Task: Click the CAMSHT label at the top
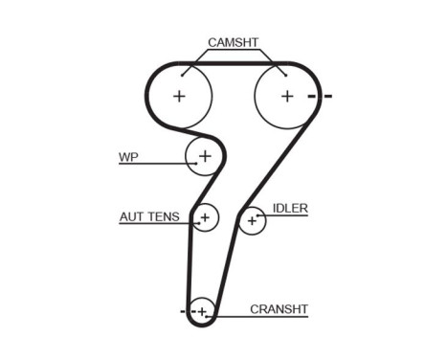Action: click(233, 42)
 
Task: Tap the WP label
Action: click(128, 156)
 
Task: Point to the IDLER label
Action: click(290, 208)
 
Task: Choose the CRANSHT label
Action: click(279, 308)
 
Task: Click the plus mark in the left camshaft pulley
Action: click(179, 96)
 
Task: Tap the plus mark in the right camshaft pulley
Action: click(286, 96)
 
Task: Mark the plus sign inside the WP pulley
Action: click(204, 155)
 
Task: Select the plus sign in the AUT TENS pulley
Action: click(204, 218)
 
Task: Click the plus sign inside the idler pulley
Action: click(252, 221)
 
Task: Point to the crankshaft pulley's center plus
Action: click(201, 311)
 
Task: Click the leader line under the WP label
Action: click(153, 165)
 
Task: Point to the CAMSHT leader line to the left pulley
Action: click(195, 60)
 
